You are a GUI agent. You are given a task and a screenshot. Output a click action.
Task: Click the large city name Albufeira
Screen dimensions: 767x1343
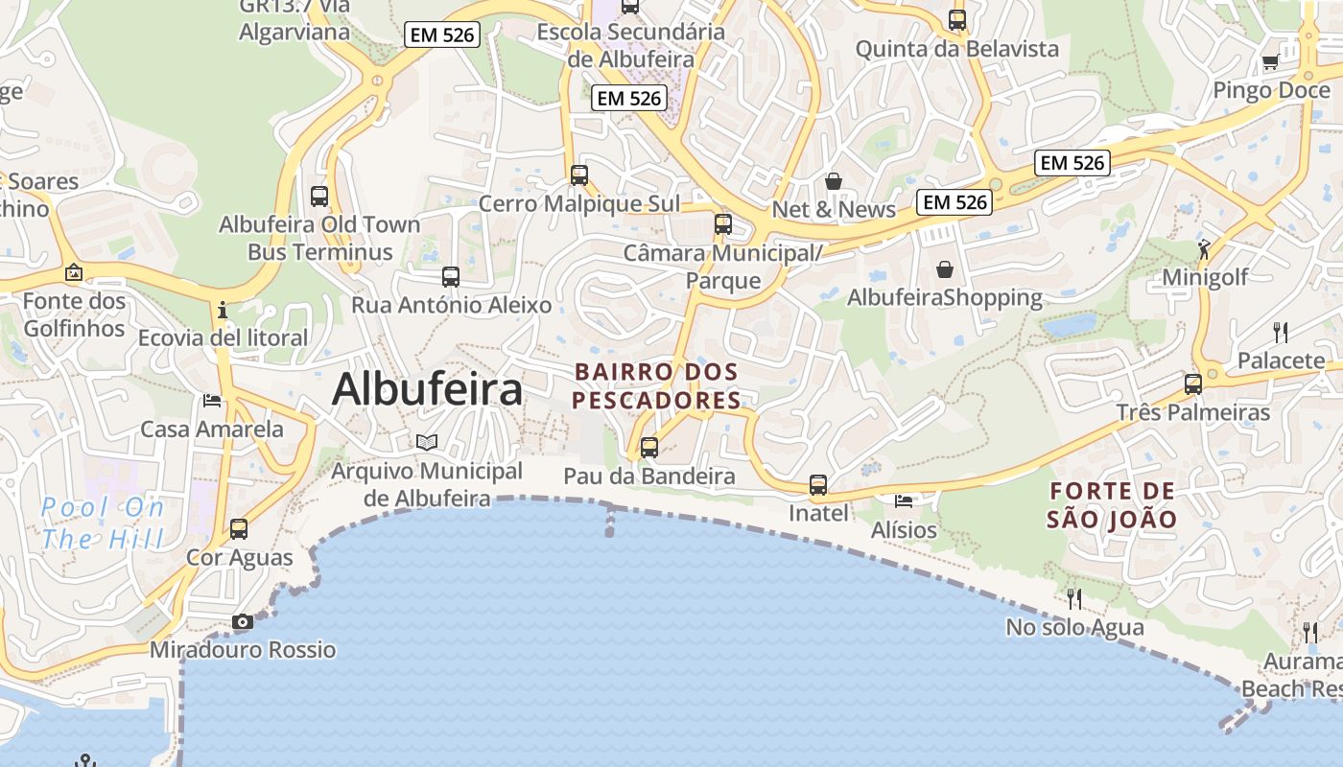point(427,389)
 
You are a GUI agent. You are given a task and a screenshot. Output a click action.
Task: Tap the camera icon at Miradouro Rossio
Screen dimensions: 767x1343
point(242,621)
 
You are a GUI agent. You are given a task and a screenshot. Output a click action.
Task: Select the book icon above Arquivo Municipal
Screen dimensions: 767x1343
point(427,442)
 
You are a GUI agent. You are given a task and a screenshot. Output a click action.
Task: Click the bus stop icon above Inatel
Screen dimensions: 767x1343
point(817,485)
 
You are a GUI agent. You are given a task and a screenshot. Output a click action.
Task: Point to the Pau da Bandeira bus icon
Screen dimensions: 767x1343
point(649,447)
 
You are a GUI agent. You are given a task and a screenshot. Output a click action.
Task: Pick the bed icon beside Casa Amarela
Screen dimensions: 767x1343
point(212,400)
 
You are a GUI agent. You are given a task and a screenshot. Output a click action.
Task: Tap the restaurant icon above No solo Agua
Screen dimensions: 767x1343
point(1074,598)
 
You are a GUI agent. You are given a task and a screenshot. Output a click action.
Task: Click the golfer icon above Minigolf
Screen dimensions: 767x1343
point(1204,250)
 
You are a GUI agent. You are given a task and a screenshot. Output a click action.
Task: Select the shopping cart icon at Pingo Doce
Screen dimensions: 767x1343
point(1270,62)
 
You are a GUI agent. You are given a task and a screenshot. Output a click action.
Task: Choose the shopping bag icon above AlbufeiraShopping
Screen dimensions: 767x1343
point(945,269)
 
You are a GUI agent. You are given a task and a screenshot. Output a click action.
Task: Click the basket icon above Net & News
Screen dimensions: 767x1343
point(834,181)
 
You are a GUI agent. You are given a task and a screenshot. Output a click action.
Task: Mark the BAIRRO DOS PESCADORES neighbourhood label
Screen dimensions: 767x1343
point(656,385)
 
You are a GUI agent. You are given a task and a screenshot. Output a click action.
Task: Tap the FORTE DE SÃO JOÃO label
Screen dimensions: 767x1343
point(1112,505)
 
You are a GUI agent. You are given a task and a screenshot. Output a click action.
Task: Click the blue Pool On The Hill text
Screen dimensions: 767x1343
point(103,523)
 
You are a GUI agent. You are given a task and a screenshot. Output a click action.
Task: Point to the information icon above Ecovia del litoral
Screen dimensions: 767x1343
point(223,310)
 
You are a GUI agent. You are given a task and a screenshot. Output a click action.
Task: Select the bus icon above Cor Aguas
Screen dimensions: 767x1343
point(238,528)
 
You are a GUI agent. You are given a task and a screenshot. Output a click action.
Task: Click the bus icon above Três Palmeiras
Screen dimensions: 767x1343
point(1192,384)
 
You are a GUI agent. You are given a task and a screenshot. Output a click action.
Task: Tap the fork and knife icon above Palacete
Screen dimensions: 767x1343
point(1280,333)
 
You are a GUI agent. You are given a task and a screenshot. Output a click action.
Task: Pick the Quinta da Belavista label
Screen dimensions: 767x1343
point(956,49)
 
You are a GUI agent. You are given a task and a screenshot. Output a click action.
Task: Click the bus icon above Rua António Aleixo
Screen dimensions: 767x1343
point(451,277)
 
